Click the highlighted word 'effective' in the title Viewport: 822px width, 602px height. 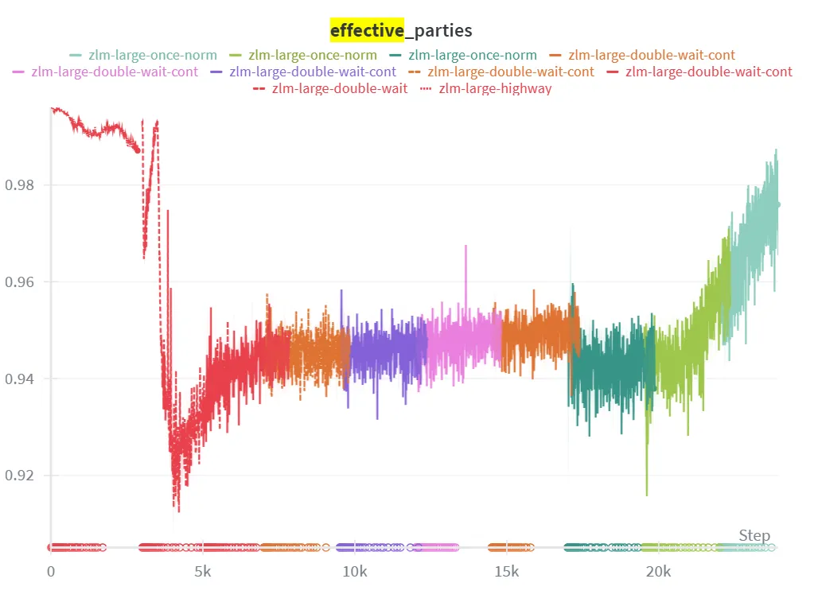366,30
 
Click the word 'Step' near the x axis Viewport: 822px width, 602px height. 754,535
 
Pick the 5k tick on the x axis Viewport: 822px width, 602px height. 202,572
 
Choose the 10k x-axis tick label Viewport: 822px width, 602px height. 354,572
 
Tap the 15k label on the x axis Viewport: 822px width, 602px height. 506,572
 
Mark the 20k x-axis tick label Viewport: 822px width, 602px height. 658,572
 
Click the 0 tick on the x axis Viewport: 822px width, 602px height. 51,572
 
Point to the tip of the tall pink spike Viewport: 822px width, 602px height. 466,246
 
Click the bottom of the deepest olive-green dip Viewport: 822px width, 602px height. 646,495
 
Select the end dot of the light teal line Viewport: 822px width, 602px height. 777,204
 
